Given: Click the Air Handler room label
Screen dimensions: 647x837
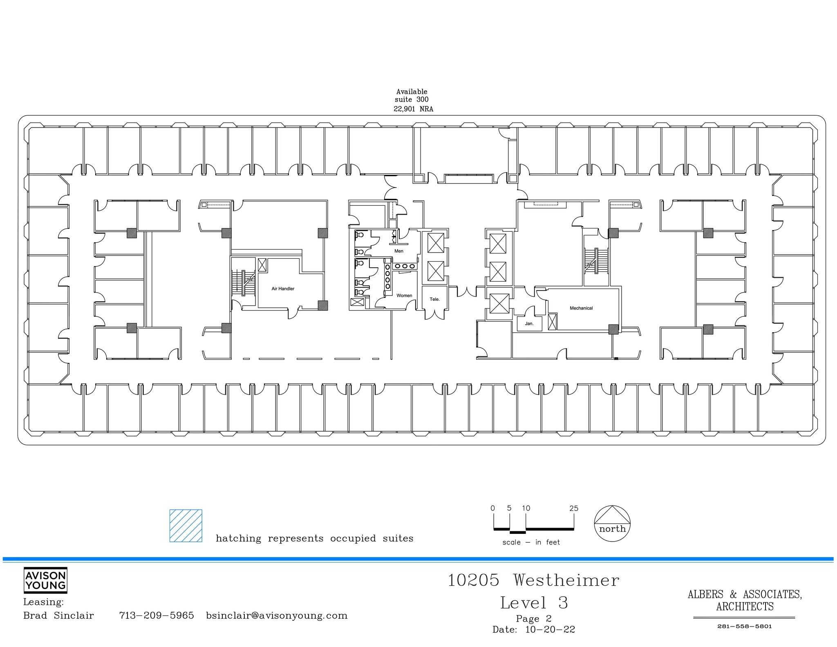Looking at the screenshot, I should [x=283, y=289].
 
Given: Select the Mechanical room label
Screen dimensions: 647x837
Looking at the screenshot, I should [x=581, y=308].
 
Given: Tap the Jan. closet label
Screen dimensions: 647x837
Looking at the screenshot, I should [x=529, y=324].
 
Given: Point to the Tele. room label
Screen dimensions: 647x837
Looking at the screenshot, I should [x=434, y=299].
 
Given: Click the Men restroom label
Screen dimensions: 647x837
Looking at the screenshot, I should [x=398, y=251].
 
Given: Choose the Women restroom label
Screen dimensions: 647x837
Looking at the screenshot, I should [x=404, y=296].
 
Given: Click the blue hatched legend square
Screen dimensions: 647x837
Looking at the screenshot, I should [x=186, y=526].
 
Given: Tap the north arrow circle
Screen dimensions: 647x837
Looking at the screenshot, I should [x=612, y=524].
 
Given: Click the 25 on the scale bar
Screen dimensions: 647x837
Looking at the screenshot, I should [x=573, y=508].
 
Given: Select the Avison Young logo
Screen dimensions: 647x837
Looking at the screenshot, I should [x=45, y=580].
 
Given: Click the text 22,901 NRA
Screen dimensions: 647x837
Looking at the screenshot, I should [x=413, y=109].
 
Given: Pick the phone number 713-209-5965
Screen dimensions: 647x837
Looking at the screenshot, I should [x=156, y=616].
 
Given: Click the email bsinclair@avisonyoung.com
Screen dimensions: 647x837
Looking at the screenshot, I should [x=277, y=616].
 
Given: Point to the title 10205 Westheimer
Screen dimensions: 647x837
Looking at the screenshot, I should [x=533, y=580].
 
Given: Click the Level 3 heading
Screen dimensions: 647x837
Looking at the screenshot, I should [x=534, y=603].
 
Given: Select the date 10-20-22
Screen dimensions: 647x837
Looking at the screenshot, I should [x=550, y=630].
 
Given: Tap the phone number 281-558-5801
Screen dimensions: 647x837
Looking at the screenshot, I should [x=744, y=626].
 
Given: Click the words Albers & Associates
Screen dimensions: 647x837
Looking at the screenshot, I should [x=744, y=595].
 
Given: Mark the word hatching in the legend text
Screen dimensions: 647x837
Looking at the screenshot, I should [x=238, y=539].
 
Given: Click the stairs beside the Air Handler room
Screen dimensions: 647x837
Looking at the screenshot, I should [x=244, y=282].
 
